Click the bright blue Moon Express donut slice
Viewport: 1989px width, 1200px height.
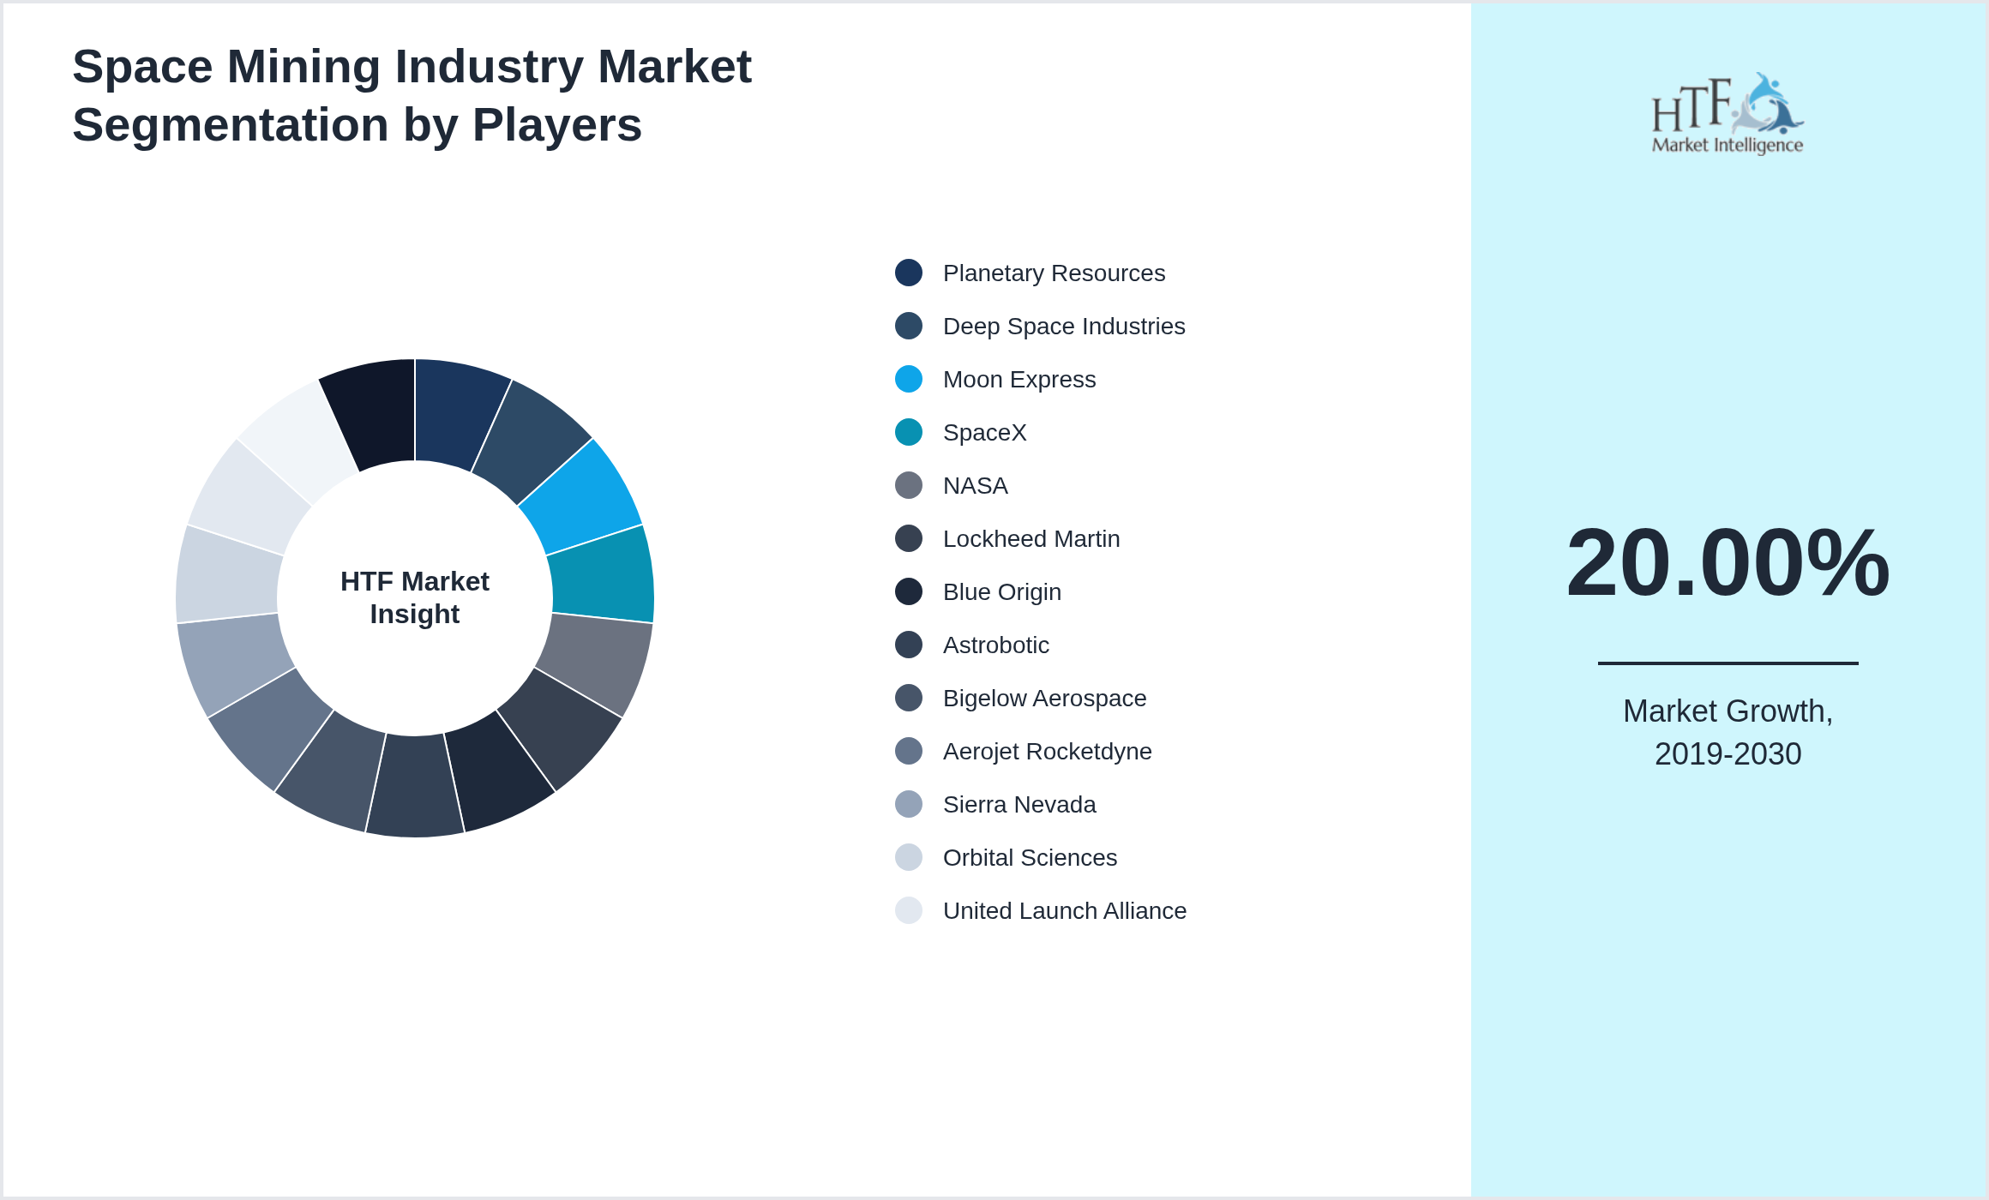point(583,497)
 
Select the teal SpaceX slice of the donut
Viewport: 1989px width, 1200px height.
point(602,574)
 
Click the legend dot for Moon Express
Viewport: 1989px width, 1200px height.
point(909,379)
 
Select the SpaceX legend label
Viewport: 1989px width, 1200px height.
point(984,432)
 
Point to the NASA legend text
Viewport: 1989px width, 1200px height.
point(975,485)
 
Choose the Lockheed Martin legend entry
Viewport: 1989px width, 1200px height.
point(1031,538)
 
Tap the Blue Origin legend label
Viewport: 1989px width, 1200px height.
point(1001,591)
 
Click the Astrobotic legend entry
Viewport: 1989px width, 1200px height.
point(995,645)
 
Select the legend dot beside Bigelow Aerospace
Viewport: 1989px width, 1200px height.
point(909,698)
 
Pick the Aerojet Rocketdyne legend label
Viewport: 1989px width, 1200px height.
point(1047,751)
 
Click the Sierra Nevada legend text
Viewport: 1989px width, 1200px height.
point(1019,804)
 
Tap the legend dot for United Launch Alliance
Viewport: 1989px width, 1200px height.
point(909,910)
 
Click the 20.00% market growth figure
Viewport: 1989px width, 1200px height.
point(1728,563)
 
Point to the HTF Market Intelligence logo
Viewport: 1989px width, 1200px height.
point(1728,113)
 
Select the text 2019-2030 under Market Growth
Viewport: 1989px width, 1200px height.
point(1728,754)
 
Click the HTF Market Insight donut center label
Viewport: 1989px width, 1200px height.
point(415,597)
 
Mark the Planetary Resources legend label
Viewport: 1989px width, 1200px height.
point(1054,273)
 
